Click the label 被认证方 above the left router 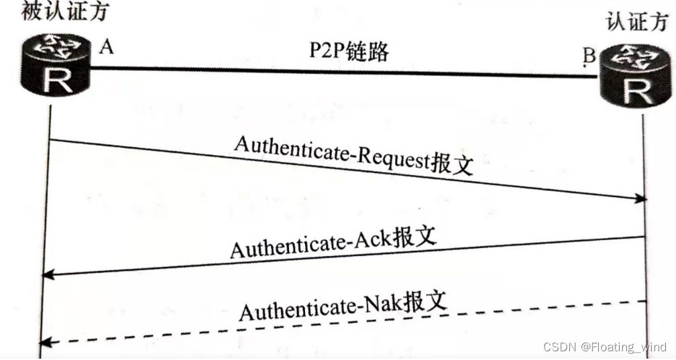[65, 11]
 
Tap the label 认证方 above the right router [636, 22]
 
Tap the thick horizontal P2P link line [335, 71]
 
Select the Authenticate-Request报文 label [353, 156]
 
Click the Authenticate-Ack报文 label [333, 242]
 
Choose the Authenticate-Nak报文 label [343, 306]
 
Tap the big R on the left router [56, 82]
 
